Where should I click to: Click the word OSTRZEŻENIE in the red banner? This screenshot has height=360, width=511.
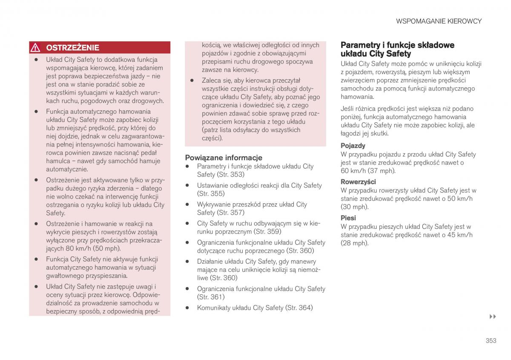tap(72, 48)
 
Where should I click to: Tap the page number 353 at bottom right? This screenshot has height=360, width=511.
tap(491, 340)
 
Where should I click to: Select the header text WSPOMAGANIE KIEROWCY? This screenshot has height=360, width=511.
tap(439, 21)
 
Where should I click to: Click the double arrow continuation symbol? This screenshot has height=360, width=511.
tap(493, 317)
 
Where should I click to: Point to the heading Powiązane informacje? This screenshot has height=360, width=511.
tap(223, 158)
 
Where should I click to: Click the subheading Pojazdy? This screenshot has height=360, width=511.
tap(353, 146)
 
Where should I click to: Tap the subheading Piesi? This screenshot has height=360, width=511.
tap(348, 218)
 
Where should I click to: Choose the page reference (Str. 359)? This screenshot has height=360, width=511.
tap(267, 232)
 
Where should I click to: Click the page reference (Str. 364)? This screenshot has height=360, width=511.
tap(299, 308)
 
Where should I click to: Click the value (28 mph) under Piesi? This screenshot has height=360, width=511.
tap(354, 243)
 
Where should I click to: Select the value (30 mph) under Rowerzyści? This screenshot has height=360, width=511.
tap(354, 207)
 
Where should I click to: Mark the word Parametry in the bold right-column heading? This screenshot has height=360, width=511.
tap(358, 45)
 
